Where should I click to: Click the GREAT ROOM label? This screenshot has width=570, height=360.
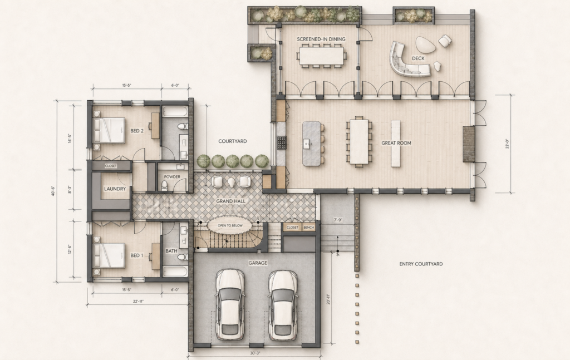(x=396, y=143)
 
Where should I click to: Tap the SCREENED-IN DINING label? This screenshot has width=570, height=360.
(x=321, y=40)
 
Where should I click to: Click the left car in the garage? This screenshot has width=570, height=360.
(x=230, y=304)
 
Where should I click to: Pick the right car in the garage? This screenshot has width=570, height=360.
(x=283, y=304)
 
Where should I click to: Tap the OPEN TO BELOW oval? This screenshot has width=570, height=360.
(x=230, y=225)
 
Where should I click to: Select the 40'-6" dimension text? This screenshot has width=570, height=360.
(x=53, y=191)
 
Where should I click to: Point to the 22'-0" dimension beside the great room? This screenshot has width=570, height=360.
(x=508, y=144)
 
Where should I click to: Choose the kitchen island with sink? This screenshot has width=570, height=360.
(x=312, y=144)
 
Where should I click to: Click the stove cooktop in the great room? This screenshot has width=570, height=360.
(x=282, y=143)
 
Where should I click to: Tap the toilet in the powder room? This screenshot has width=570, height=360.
(x=165, y=186)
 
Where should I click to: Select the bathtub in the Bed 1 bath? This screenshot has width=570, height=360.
(x=175, y=272)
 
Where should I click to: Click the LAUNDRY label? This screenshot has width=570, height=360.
(x=115, y=189)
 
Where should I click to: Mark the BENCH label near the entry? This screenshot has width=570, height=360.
(x=308, y=228)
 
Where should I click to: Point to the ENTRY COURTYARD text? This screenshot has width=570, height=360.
(x=421, y=264)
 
